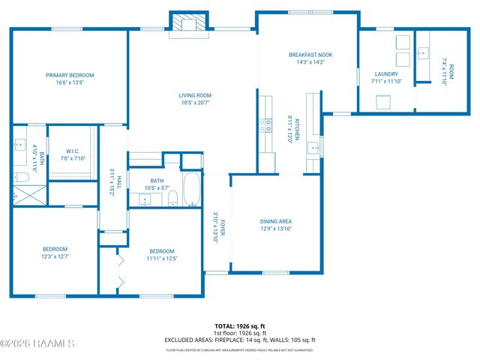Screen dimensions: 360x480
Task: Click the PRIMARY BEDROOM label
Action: [70, 75]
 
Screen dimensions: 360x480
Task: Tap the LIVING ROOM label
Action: [195, 95]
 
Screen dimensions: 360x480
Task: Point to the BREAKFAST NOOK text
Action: [310, 55]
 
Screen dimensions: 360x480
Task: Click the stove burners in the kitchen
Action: [266, 124]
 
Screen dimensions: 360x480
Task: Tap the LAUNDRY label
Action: [386, 73]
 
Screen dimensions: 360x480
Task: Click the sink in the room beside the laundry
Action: [423, 52]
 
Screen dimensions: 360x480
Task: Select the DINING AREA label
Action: [276, 221]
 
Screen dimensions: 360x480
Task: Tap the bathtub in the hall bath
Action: [191, 190]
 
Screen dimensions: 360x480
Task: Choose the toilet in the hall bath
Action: [172, 199]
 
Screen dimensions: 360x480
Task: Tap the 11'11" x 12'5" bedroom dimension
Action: [161, 259]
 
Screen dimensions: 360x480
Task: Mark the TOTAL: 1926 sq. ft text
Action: [240, 326]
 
